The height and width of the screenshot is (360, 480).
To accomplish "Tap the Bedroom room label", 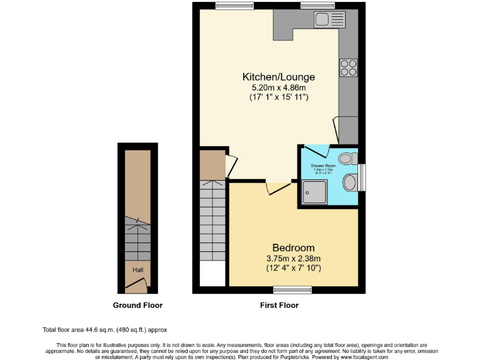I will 293,247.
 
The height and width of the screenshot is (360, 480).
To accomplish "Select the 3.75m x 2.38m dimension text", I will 293,259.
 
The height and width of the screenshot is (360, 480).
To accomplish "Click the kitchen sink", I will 329,18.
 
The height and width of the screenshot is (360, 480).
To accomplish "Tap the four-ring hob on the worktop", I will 348,67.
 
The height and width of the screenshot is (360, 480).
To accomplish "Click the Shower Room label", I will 324,166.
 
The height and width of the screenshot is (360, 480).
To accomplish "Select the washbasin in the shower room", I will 351,182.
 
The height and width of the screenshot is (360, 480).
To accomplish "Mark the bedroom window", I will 293,289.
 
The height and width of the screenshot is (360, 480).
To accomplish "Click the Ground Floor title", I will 137,306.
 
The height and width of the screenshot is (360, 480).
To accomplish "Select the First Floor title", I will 279,306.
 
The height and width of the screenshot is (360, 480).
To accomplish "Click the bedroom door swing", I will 275,187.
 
